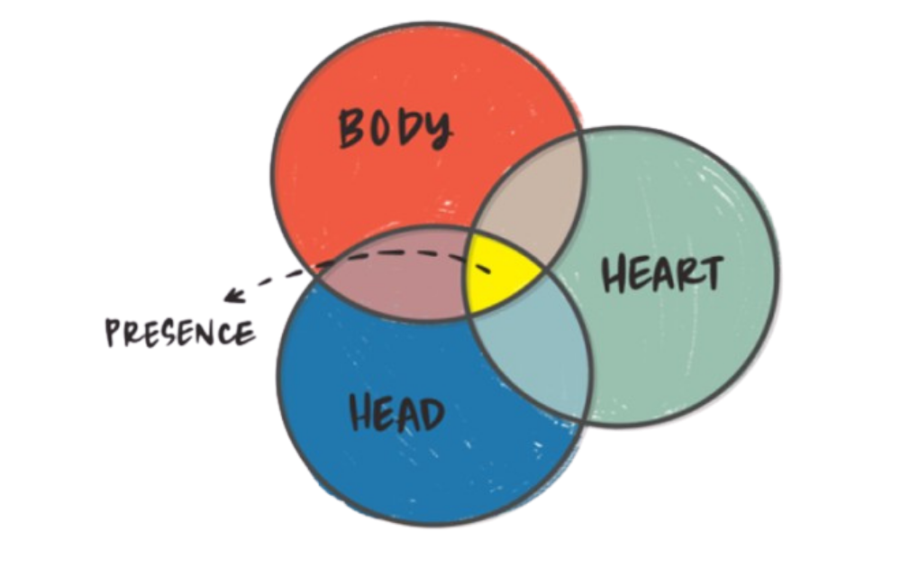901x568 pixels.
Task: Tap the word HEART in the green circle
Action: click(x=661, y=272)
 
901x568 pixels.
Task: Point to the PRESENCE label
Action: click(x=177, y=333)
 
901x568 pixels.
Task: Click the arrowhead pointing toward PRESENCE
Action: click(x=236, y=293)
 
